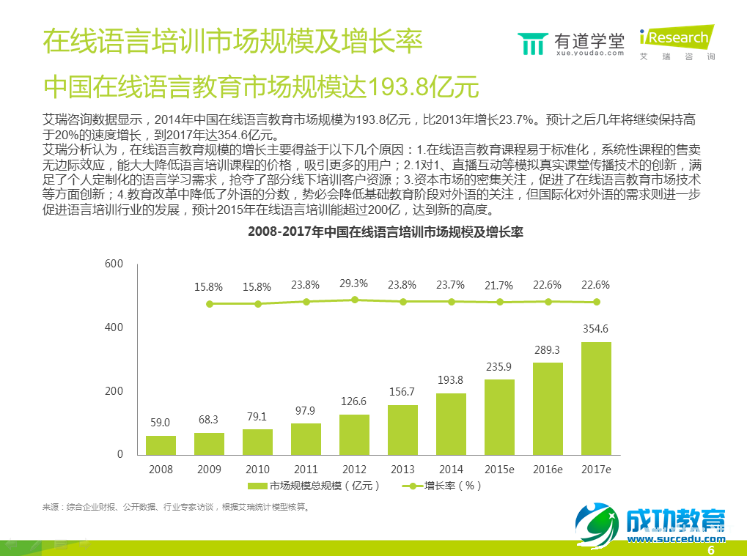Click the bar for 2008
coord(161,445)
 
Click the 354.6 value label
coord(596,329)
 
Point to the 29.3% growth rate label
coord(354,283)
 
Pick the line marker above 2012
coord(354,300)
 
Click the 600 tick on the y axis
coord(114,264)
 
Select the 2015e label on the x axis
coord(499,470)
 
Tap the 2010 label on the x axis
coord(257,470)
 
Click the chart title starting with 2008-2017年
coord(379,233)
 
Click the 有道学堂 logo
coord(571,43)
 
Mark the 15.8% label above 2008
coord(209,286)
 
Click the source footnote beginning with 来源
coord(176,506)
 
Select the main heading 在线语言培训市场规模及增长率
coord(232,41)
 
